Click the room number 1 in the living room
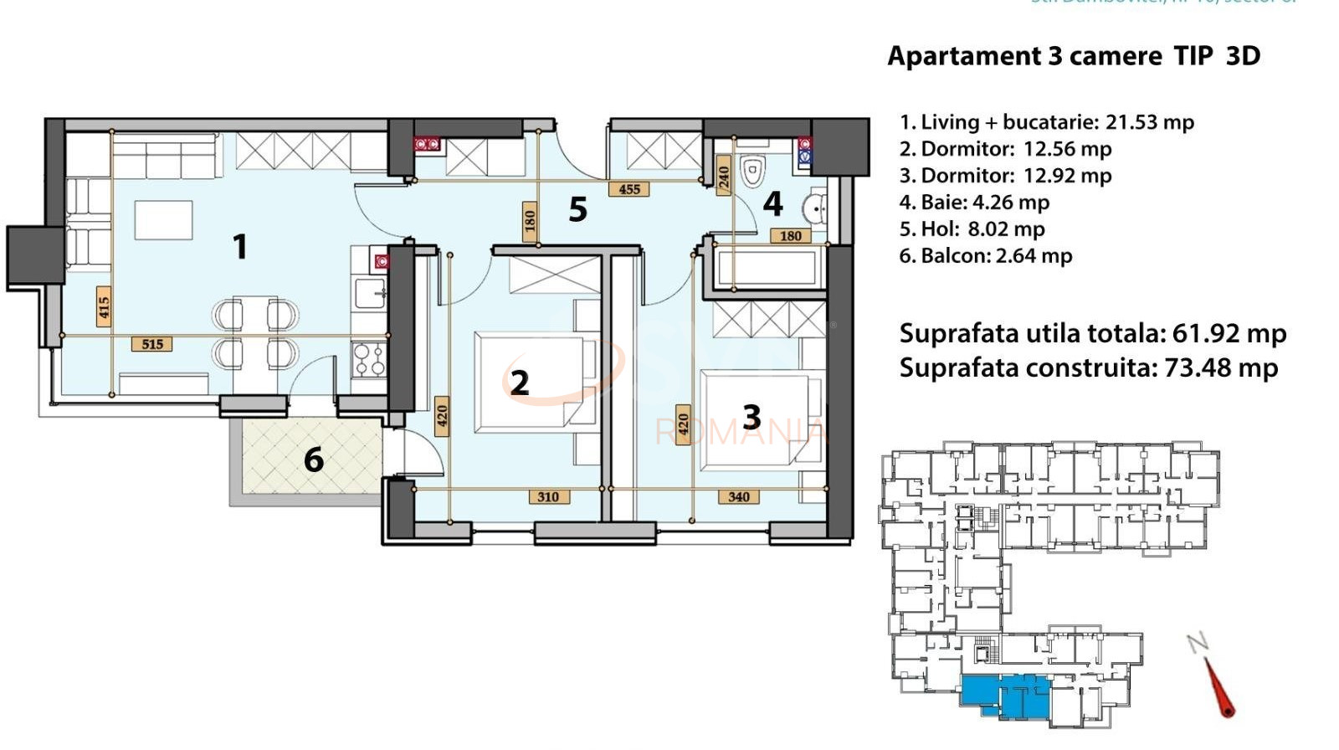[240, 247]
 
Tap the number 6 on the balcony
[314, 460]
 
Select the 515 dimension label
[152, 344]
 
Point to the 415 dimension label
[104, 307]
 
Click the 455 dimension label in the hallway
[629, 189]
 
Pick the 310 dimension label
[548, 496]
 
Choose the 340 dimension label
[738, 496]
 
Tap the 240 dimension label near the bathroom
[724, 177]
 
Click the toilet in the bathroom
[753, 171]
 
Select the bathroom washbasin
[814, 207]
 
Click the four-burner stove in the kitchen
[369, 360]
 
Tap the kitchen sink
[369, 294]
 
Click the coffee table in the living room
[164, 220]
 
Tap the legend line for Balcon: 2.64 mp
[985, 256]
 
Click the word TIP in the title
[1193, 56]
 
